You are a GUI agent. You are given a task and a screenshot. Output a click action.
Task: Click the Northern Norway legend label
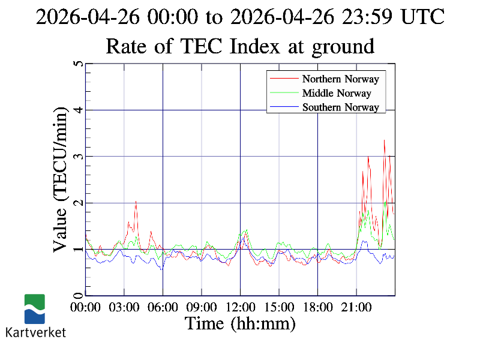[340, 79]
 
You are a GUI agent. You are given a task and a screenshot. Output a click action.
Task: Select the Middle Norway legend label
[337, 93]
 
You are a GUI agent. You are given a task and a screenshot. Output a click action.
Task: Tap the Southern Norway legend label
[340, 107]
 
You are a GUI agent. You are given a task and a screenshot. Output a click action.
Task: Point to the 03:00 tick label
[124, 307]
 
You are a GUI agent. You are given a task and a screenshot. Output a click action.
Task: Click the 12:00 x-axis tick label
[240, 307]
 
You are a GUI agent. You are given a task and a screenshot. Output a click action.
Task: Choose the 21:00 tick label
[356, 307]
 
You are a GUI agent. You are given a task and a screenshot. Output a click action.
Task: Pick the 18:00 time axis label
[317, 307]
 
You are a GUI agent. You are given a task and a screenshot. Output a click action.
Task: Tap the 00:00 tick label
[86, 307]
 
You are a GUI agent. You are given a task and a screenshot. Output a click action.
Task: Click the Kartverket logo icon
[34, 308]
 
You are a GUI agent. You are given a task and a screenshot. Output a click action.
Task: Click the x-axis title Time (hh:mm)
[240, 323]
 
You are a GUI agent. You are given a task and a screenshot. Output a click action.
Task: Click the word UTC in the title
[424, 17]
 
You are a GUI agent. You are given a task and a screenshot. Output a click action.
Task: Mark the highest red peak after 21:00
[384, 140]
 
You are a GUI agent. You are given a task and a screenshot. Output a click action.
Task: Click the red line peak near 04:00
[136, 201]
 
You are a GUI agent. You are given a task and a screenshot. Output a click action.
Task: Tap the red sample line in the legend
[284, 79]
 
